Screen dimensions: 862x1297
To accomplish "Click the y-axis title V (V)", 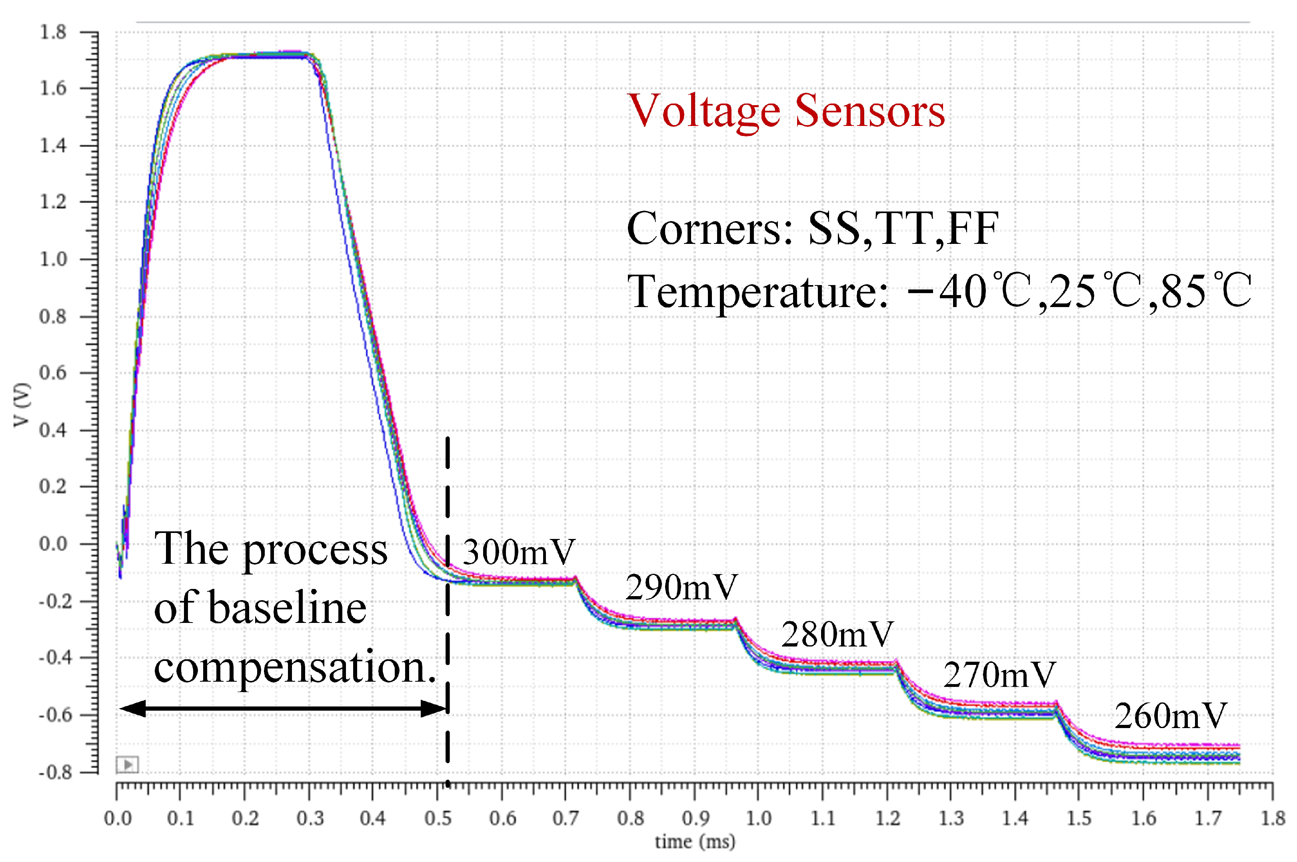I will [x=22, y=405].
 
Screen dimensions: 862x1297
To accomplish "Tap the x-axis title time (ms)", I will [x=694, y=842].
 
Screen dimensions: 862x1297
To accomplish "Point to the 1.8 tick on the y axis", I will [x=53, y=32].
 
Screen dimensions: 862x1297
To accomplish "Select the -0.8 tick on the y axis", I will [x=55, y=772].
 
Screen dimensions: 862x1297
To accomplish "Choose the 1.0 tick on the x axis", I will [x=758, y=818].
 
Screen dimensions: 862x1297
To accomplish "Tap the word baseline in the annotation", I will [x=287, y=609].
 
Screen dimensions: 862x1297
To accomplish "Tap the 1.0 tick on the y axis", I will [x=53, y=259].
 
